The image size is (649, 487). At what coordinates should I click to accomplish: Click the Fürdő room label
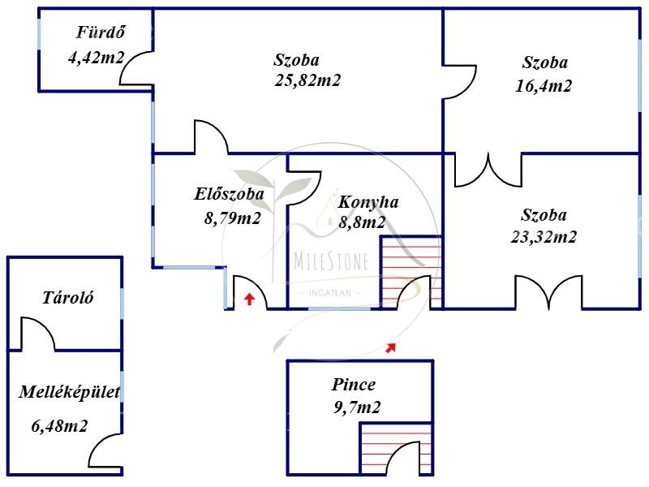(100, 32)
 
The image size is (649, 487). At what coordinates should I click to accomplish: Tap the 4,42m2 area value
(96, 57)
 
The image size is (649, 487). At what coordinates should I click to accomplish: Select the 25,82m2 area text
(307, 80)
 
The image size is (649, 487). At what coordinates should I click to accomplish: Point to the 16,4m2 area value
(544, 86)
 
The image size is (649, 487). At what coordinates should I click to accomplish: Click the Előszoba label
(229, 194)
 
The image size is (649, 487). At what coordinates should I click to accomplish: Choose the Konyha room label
(368, 202)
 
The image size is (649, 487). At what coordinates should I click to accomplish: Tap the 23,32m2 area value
(544, 237)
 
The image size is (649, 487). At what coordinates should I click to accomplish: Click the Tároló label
(68, 298)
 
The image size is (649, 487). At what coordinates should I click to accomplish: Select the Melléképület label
(70, 392)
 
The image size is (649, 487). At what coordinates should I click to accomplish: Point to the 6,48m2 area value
(59, 425)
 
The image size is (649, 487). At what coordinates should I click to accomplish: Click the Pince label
(354, 385)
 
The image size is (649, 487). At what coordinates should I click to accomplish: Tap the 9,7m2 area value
(357, 407)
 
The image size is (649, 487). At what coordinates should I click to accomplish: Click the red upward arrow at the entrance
(249, 299)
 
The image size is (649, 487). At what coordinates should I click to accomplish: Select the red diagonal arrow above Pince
(391, 348)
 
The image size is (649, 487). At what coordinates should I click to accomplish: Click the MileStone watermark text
(331, 261)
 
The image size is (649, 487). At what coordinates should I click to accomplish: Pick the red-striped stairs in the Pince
(397, 449)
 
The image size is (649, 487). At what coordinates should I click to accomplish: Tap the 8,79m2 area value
(232, 218)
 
